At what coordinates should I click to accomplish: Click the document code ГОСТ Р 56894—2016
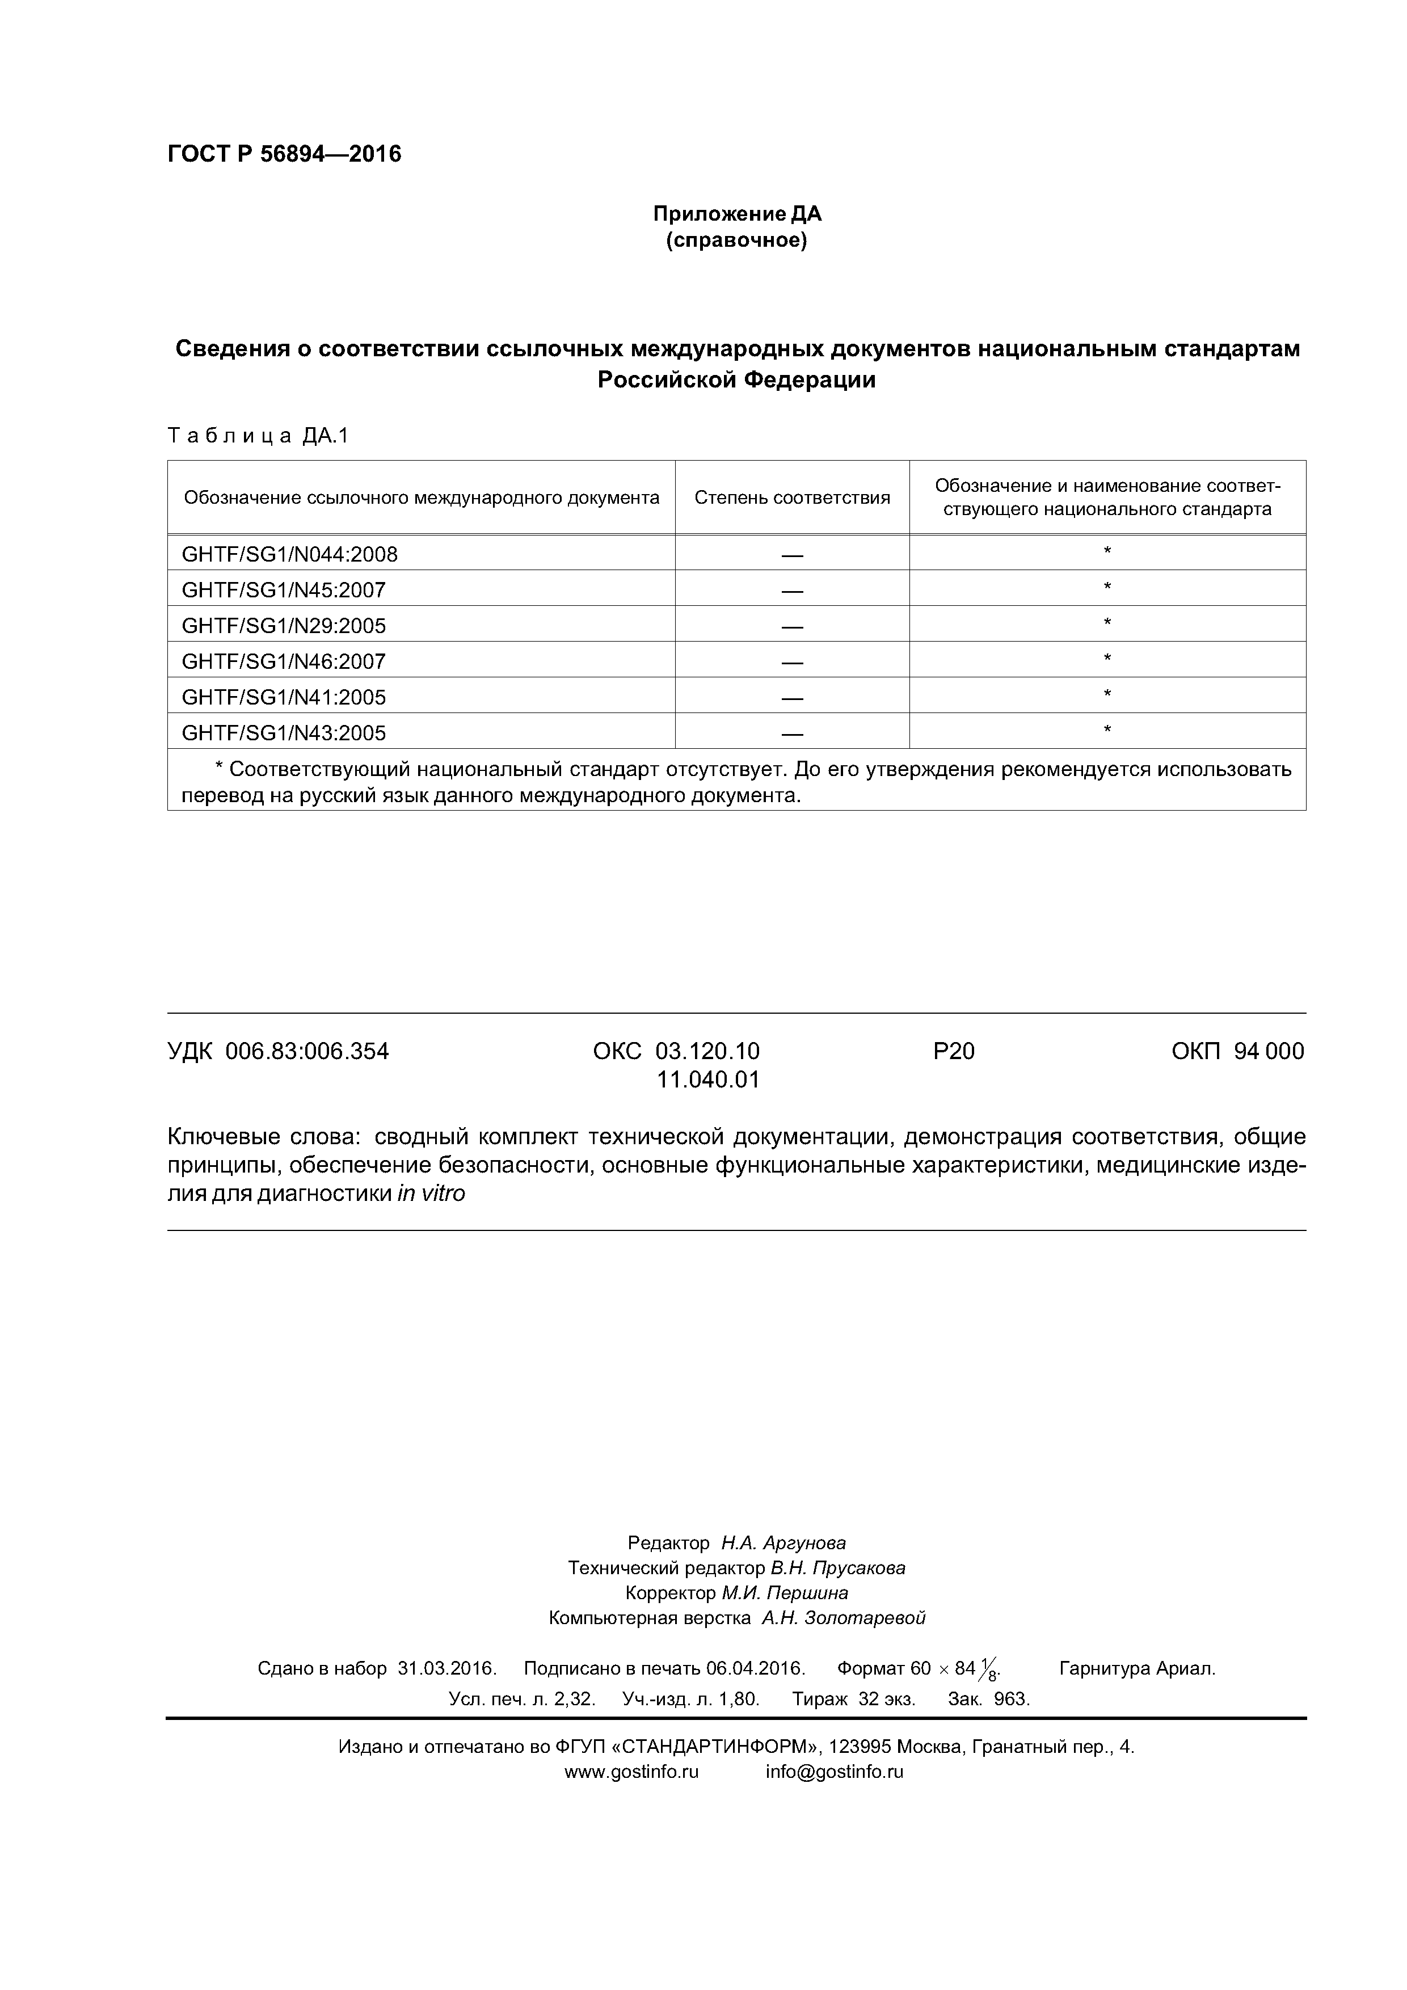tap(284, 154)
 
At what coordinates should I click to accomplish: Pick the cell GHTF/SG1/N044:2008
tap(289, 554)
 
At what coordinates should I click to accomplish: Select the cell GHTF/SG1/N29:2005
tap(284, 626)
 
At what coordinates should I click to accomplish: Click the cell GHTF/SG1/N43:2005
tap(284, 733)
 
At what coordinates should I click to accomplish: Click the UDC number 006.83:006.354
tap(307, 1051)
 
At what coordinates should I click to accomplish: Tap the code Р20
tap(954, 1051)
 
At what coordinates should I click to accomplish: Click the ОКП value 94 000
tap(1269, 1051)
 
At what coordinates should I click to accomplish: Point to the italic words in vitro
tap(431, 1194)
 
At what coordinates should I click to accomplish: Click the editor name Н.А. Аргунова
tap(783, 1543)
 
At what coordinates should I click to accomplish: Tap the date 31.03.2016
tap(446, 1668)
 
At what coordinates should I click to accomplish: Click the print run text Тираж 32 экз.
tap(853, 1699)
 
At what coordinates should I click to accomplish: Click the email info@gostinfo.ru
tap(834, 1772)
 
